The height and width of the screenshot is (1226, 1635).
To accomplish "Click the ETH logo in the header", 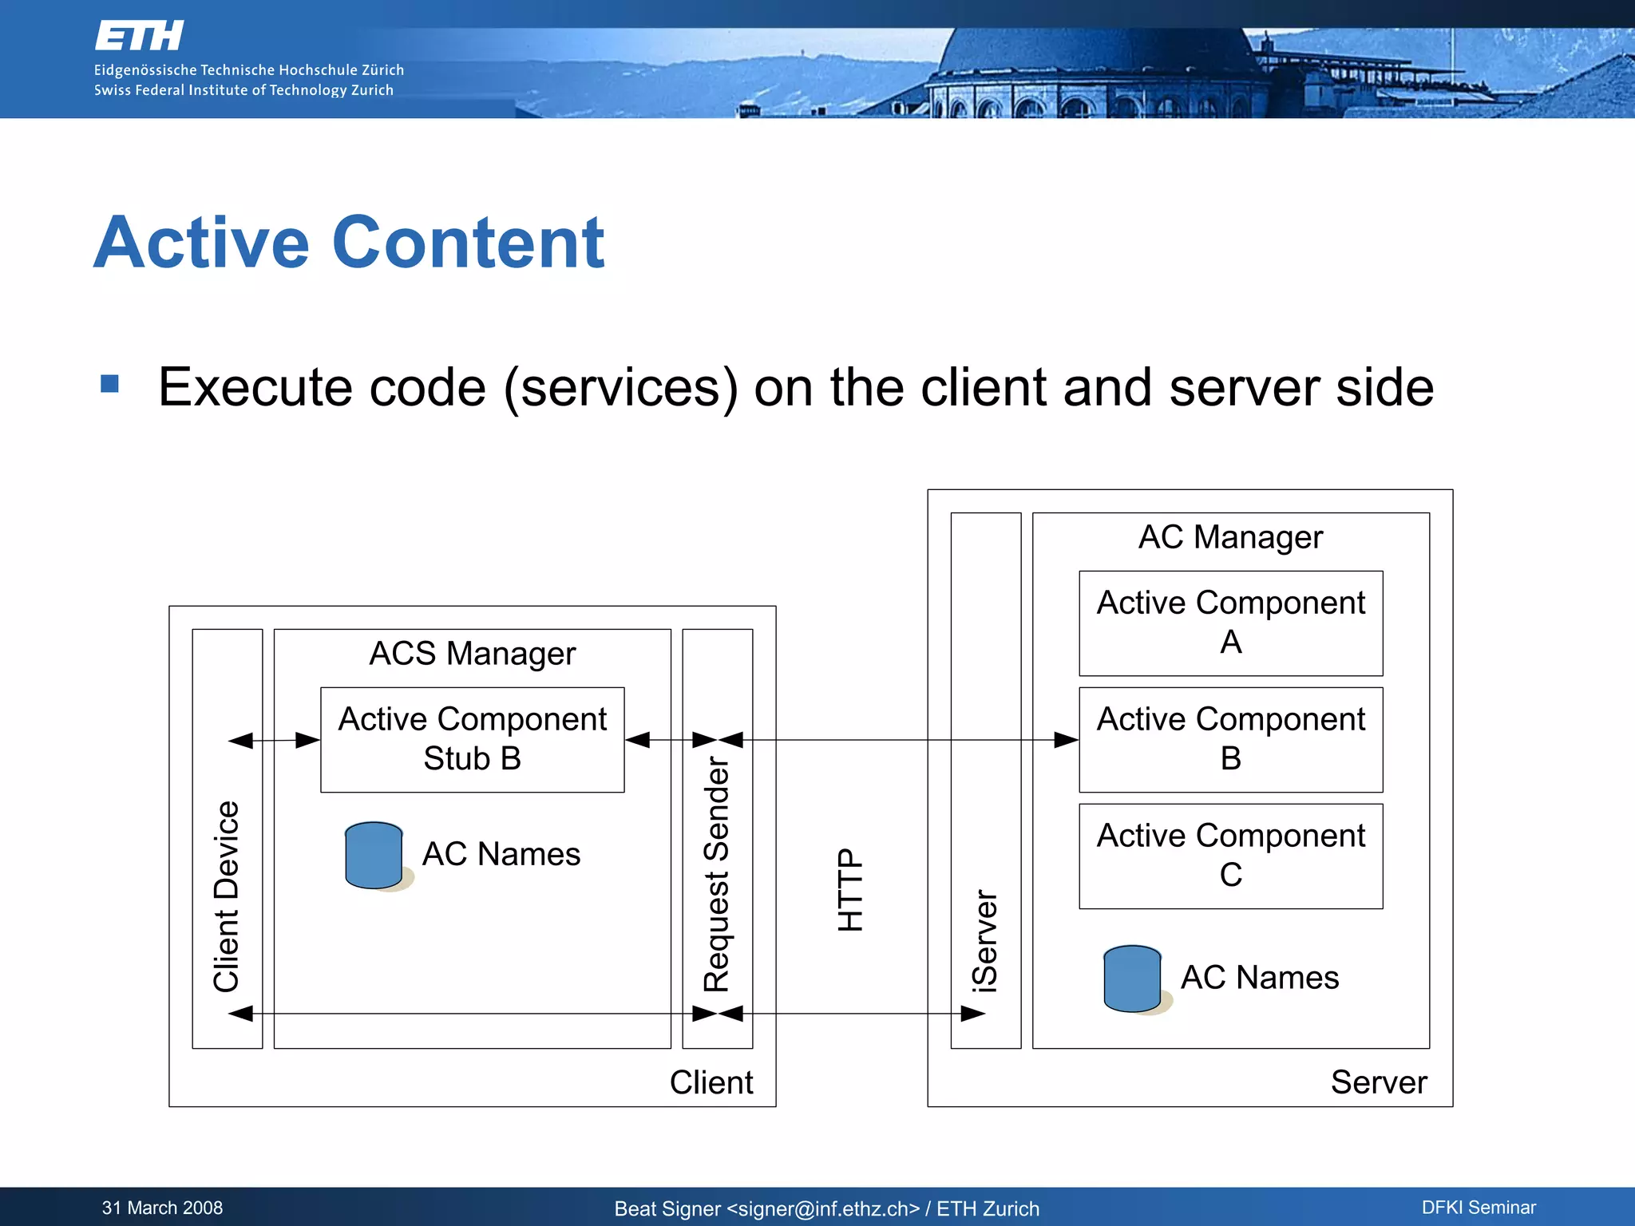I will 139,36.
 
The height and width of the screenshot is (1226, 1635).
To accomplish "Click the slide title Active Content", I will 349,243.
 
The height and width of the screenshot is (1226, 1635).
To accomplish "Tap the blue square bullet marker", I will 110,384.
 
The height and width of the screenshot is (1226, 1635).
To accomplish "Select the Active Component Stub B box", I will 472,739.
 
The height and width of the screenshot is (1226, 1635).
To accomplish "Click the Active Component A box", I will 1230,623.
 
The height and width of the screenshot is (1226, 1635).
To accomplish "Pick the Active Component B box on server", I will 1230,739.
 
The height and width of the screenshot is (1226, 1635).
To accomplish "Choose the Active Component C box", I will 1230,856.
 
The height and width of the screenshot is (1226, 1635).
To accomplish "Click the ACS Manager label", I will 472,654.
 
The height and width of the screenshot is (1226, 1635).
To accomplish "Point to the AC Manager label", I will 1230,537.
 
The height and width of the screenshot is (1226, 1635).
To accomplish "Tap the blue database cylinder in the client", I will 374,855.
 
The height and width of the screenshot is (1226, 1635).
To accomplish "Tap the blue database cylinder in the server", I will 1132,979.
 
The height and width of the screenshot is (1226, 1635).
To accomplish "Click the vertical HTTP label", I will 851,889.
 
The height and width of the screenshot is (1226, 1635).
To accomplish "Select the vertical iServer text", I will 985,941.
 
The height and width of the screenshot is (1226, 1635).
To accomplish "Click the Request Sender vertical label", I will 717,874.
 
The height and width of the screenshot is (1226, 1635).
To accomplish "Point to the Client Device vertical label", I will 227,896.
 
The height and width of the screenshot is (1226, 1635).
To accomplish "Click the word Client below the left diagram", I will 711,1082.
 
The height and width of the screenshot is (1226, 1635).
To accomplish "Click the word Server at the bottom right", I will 1379,1082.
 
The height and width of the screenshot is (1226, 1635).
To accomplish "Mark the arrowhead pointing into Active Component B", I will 1067,740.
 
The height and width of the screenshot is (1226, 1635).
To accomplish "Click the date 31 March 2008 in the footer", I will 162,1208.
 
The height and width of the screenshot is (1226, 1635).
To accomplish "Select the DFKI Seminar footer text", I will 1479,1208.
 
